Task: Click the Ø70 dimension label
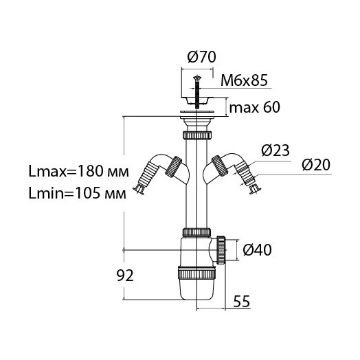click(x=201, y=57)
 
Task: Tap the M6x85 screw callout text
click(x=245, y=80)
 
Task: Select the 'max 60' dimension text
click(x=255, y=107)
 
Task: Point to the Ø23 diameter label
click(x=275, y=150)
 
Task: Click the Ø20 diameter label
click(x=316, y=165)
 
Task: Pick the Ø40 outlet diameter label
click(x=258, y=250)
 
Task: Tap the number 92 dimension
click(x=125, y=275)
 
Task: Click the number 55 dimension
click(x=242, y=301)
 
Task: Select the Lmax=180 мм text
click(x=78, y=171)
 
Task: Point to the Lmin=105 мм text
click(x=78, y=193)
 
